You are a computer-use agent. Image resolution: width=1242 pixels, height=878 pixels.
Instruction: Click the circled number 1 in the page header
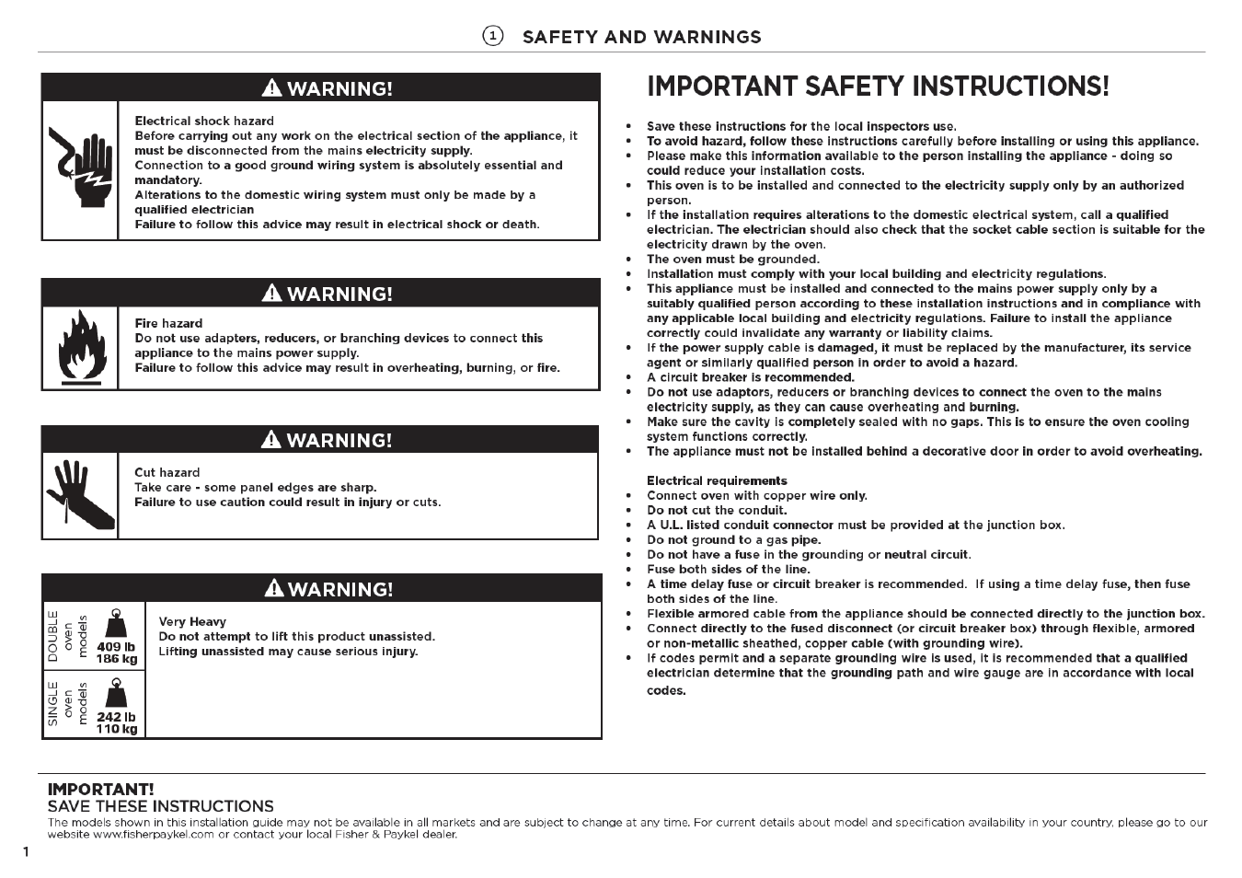coord(493,36)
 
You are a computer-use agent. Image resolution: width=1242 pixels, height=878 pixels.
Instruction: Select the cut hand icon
coord(80,494)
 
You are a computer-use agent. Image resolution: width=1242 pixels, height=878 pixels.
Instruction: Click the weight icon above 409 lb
coord(116,623)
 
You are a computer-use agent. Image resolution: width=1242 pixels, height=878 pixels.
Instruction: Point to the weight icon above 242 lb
coord(116,692)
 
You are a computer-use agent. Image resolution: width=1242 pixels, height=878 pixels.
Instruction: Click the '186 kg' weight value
coord(116,659)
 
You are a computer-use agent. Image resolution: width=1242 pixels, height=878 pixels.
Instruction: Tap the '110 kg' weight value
coord(116,729)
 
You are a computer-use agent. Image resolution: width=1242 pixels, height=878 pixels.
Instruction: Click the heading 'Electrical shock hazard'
coord(204,121)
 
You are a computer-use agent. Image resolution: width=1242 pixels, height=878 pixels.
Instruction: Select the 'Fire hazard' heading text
coord(168,323)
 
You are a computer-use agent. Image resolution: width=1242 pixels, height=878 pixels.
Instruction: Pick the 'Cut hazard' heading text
coord(167,472)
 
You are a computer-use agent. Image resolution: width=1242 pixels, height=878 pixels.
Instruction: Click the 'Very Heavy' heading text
coord(192,621)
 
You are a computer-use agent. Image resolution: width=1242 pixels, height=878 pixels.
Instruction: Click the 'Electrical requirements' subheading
coord(717,480)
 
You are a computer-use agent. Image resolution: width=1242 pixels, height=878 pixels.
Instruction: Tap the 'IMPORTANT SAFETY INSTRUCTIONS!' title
coord(878,87)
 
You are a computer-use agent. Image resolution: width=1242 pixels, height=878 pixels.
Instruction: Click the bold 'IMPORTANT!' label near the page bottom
coord(100,789)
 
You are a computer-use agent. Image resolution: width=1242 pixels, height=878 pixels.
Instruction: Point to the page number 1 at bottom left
coord(26,851)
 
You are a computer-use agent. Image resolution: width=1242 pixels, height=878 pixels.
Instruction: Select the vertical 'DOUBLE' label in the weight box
coord(52,636)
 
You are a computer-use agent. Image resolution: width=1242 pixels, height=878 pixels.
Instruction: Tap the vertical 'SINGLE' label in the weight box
coord(52,704)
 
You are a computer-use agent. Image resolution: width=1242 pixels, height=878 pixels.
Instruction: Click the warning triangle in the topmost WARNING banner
coord(271,88)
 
